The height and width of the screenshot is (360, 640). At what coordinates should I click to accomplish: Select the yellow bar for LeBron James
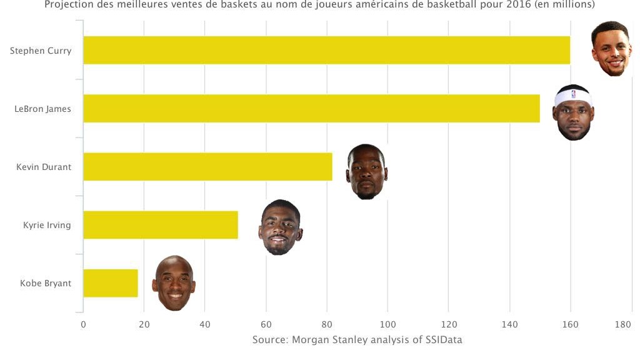311,108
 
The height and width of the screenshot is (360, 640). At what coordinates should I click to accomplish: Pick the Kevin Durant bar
207,167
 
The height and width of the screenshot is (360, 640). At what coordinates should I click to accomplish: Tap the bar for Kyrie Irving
161,225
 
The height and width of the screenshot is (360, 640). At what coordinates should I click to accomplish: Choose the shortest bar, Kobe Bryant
110,283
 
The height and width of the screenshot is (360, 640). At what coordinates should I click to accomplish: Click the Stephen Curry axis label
41,51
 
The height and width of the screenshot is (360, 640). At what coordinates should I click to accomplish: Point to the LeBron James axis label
42,109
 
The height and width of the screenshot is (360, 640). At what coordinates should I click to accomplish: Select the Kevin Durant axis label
44,167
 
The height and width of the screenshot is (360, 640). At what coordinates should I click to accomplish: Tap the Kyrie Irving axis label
47,225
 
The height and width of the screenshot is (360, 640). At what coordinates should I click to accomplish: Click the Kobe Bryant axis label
46,283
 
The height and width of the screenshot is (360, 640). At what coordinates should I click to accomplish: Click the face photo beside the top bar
611,49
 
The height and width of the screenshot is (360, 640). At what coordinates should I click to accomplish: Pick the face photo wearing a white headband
573,112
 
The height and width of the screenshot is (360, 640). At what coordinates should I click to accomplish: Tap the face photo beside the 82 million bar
367,171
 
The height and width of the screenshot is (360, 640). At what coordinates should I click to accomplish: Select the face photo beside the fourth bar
280,227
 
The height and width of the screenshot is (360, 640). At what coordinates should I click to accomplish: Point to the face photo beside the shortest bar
174,283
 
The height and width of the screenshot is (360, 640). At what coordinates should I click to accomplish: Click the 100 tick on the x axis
387,324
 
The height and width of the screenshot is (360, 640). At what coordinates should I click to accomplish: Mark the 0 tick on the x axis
83,324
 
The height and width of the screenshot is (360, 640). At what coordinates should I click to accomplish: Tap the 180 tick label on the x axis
623,324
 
